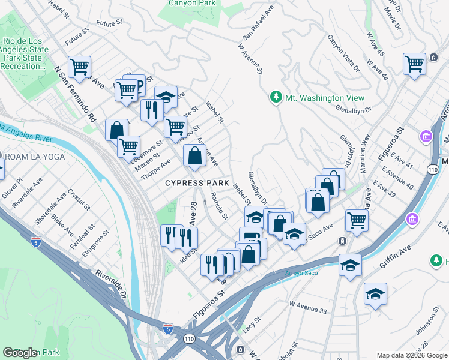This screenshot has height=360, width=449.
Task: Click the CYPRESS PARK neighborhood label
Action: [x=197, y=182]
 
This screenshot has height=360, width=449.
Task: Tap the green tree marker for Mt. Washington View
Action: [x=276, y=98]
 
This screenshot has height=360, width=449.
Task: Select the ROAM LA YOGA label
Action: [x=29, y=157]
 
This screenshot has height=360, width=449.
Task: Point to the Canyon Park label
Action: [x=191, y=2]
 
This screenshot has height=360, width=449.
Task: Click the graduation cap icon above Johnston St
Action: [x=375, y=293]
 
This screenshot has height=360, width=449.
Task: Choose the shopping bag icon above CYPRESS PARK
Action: [x=195, y=156]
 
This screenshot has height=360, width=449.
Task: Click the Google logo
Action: [x=20, y=352]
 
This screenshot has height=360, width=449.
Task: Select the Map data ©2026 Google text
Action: [x=411, y=355]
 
